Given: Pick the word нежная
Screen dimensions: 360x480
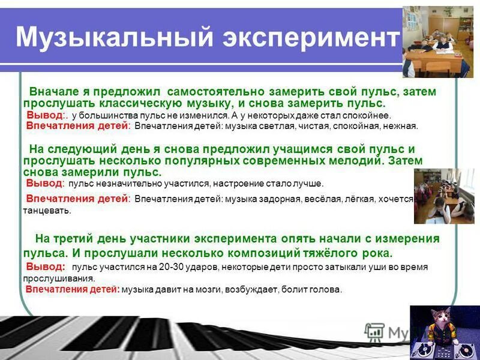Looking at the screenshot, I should (401, 126).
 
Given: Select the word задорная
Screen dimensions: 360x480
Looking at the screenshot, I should (280, 199).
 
